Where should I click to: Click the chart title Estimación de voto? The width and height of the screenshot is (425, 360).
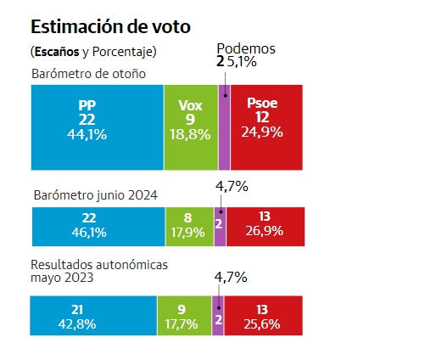(110, 27)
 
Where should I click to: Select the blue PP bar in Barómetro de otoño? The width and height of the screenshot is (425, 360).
(98, 127)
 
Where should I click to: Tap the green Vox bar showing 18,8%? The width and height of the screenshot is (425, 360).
(191, 127)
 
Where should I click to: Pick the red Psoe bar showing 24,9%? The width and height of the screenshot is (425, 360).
(266, 127)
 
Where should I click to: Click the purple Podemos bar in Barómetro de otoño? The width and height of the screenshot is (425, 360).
(224, 127)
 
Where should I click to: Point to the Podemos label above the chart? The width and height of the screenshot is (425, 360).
(246, 48)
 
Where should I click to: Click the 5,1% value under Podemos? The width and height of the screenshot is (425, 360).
(242, 61)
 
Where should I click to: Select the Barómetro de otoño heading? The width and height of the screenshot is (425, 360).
(88, 74)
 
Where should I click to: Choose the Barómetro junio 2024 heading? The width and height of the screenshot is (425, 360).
(96, 195)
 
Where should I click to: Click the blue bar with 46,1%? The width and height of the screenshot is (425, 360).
(98, 227)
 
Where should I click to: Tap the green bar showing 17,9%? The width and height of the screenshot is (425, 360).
(189, 227)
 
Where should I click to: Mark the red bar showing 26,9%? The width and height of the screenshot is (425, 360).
(266, 227)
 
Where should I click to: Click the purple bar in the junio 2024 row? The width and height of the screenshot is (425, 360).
(220, 227)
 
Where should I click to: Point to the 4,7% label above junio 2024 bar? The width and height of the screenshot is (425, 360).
(232, 186)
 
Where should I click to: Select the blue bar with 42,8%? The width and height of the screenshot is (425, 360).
(93, 316)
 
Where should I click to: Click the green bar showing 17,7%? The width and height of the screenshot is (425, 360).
(184, 316)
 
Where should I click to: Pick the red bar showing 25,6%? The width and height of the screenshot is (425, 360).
(264, 316)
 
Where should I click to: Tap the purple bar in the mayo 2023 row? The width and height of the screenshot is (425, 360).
(218, 316)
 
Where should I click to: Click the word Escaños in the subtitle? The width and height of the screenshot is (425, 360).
(57, 52)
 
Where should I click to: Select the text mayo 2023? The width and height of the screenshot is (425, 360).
(62, 278)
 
